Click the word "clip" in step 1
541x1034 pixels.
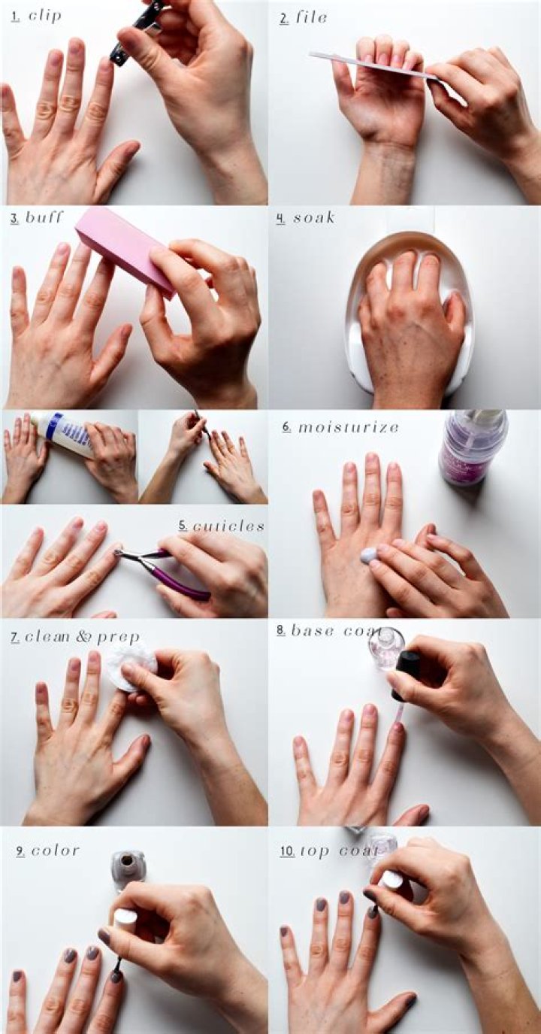tap(45, 16)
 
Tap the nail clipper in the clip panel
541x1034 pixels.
tap(135, 32)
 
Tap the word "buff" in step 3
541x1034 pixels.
tap(44, 218)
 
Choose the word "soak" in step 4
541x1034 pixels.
tap(313, 218)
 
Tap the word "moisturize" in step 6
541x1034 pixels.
tap(349, 427)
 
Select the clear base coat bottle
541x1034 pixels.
tap(385, 648)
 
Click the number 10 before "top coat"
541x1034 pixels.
tap(287, 851)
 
